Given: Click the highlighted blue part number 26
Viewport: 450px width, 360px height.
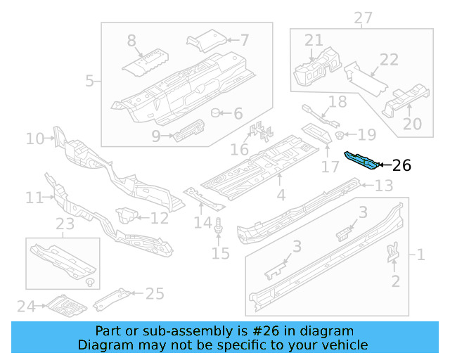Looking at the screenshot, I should point(361,160).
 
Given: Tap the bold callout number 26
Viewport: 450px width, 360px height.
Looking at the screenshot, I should point(401,166).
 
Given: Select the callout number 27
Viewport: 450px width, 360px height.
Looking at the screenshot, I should point(363,18).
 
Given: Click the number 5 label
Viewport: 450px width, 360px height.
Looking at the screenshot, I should point(89,81).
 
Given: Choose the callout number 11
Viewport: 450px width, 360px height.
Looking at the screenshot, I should point(34,198).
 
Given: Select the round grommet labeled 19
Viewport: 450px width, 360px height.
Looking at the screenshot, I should point(339,134).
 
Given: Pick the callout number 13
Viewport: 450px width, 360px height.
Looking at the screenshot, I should point(383,186).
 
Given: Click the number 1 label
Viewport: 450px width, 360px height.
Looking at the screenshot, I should point(420,255).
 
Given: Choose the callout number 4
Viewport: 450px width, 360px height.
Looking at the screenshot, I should point(281,195).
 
